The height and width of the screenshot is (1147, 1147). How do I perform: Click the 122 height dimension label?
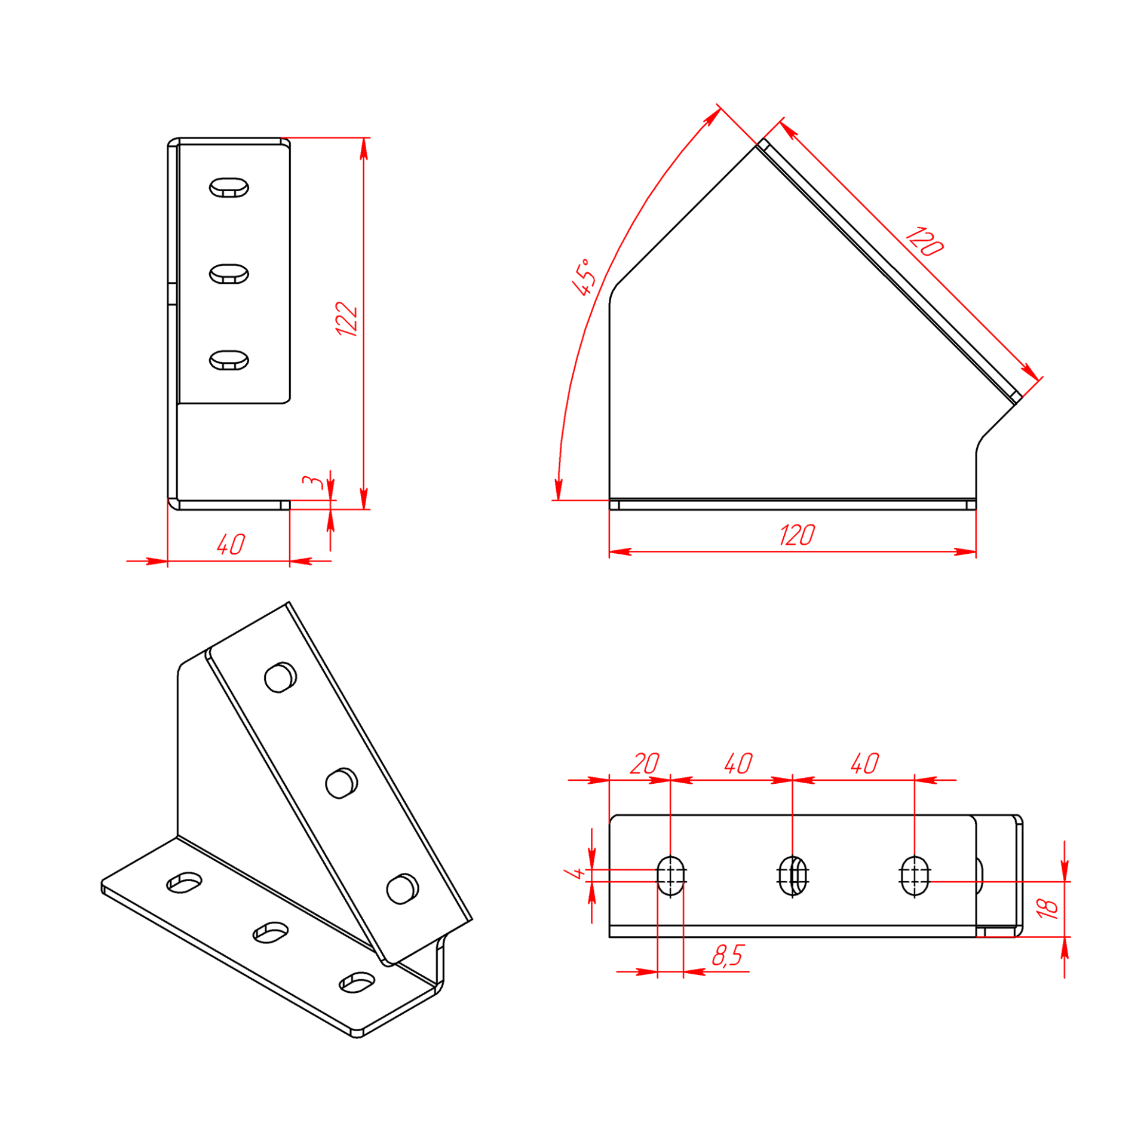click(x=346, y=319)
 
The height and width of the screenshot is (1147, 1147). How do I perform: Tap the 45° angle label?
click(x=584, y=277)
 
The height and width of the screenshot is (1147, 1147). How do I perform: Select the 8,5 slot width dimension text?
click(x=728, y=956)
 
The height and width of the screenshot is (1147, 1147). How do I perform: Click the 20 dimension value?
click(x=645, y=763)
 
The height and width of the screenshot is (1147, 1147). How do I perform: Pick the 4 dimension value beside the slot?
click(x=575, y=873)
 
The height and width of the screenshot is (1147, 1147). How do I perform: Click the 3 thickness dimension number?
click(x=312, y=482)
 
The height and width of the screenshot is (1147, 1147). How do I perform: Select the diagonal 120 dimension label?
click(x=924, y=241)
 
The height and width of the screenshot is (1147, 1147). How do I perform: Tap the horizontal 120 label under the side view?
click(x=797, y=535)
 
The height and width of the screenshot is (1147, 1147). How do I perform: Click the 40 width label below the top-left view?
click(x=231, y=544)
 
